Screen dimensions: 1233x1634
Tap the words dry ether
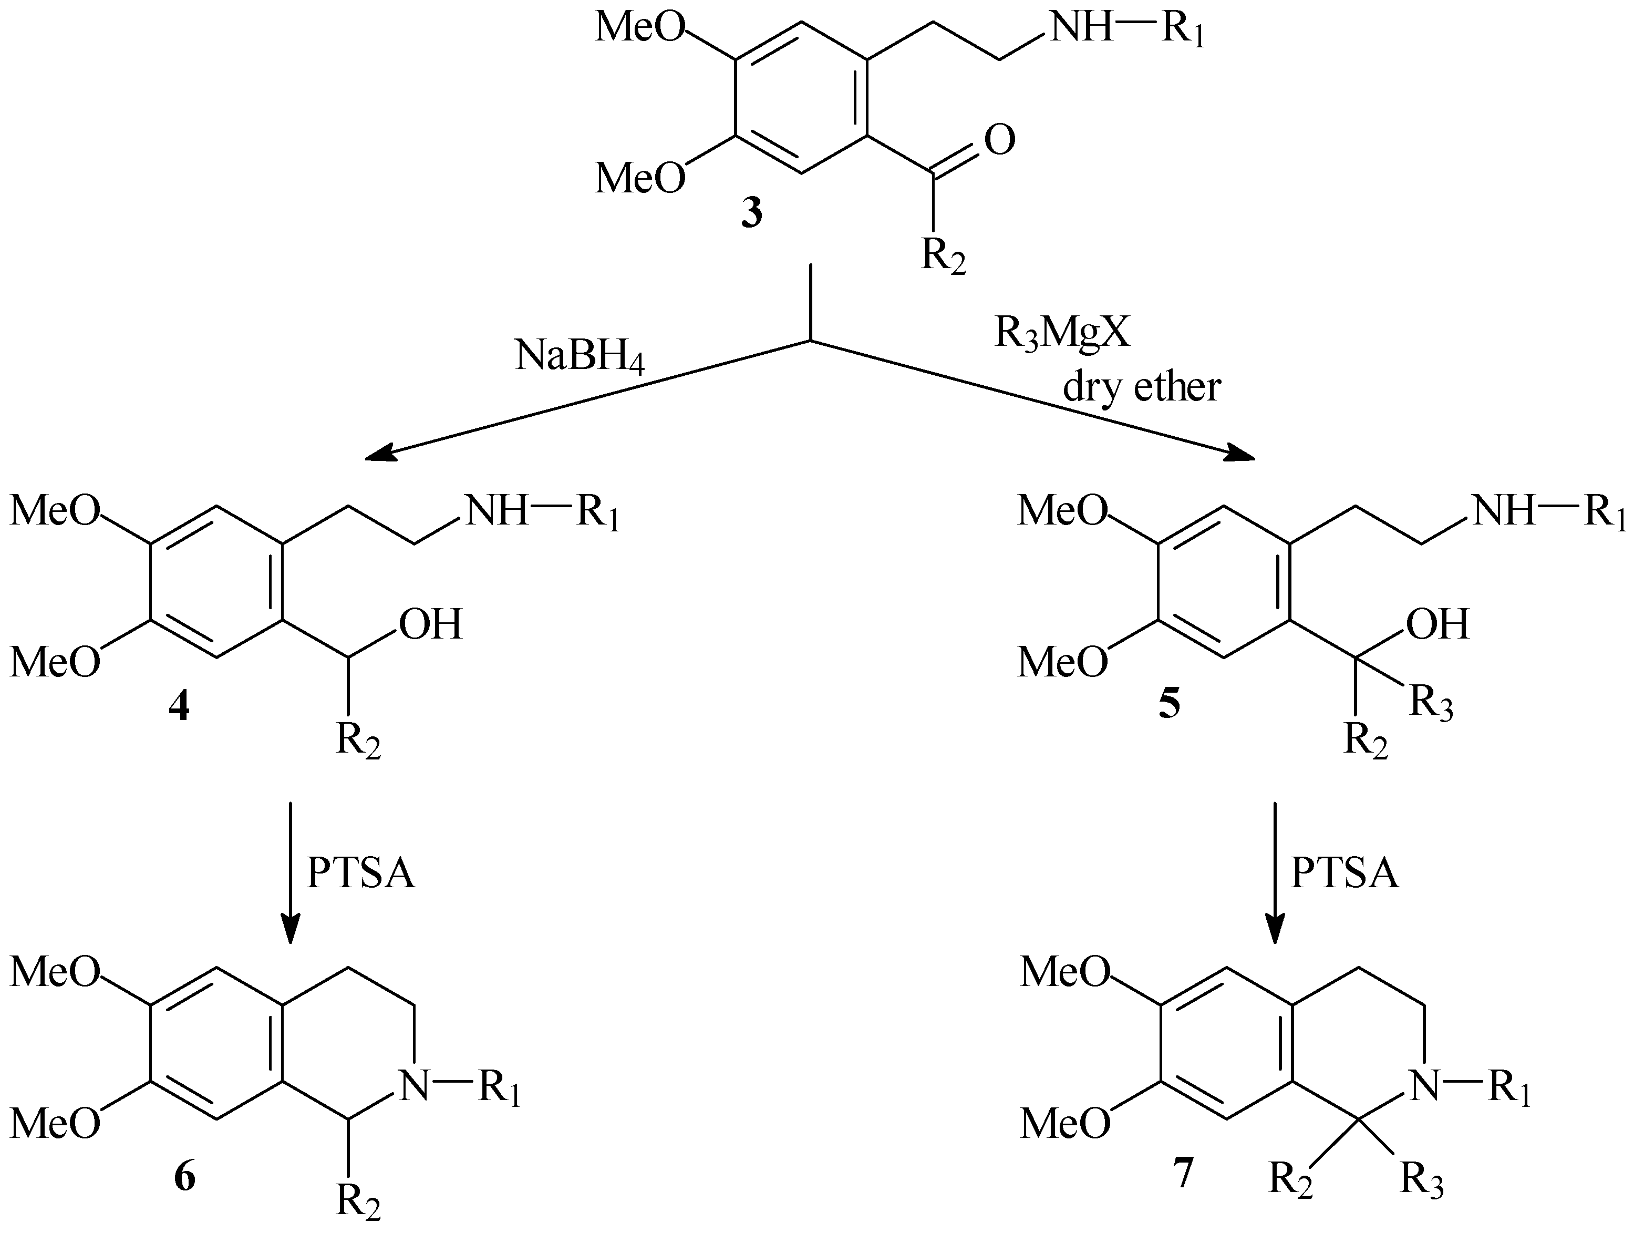[1141, 386]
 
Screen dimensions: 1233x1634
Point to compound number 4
[178, 708]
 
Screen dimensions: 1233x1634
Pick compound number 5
[1168, 703]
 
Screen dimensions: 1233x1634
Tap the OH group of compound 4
[430, 624]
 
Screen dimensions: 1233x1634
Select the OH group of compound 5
[1437, 624]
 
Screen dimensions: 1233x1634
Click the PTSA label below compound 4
[360, 874]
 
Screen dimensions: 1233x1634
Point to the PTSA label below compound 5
[1345, 874]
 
